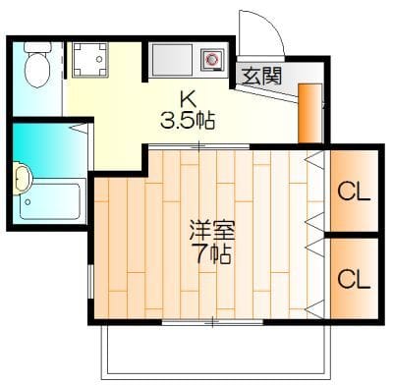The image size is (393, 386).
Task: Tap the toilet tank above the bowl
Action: [x=37, y=46]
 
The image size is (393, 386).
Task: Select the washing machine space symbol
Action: [x=89, y=60]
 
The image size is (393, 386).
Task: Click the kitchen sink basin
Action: [x=172, y=60]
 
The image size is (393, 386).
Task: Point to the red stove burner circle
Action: [x=211, y=59]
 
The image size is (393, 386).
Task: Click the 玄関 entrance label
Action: [x=262, y=76]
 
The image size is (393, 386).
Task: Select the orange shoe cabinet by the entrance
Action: [x=310, y=113]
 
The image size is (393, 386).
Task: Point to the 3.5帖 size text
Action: [x=188, y=121]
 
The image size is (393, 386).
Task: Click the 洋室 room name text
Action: [x=213, y=231]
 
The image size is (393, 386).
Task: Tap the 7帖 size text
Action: [x=213, y=253]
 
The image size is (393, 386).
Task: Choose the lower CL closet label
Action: [x=354, y=279]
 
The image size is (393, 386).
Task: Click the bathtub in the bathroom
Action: [x=50, y=200]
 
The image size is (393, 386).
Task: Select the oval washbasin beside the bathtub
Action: [x=22, y=179]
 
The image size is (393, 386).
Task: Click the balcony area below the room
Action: [x=215, y=351]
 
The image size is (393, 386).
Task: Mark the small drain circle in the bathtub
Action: [x=28, y=202]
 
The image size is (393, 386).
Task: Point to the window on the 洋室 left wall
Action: [x=90, y=281]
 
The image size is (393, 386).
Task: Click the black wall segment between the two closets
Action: [x=353, y=235]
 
